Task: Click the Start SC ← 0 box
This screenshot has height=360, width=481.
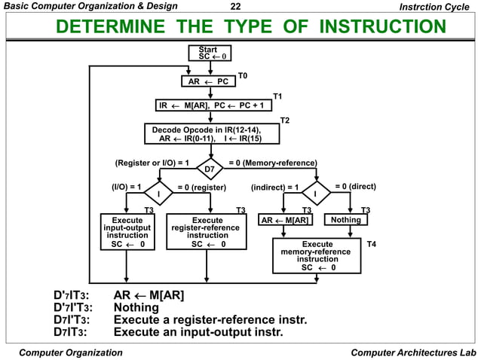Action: [211, 53]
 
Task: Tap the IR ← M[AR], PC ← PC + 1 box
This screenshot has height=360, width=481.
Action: [213, 106]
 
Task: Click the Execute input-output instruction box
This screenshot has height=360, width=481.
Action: [127, 233]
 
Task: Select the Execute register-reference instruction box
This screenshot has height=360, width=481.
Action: [206, 233]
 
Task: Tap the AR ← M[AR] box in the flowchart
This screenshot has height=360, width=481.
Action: [284, 220]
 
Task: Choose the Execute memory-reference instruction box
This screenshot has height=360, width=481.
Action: [317, 255]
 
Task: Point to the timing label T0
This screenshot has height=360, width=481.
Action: [243, 76]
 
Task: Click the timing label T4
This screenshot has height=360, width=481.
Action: [371, 245]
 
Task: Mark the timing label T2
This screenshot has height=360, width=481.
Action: [285, 120]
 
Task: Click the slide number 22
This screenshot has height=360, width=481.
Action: [234, 7]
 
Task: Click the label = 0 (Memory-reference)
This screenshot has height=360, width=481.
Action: [272, 162]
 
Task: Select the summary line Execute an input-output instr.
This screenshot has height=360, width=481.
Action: [198, 332]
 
